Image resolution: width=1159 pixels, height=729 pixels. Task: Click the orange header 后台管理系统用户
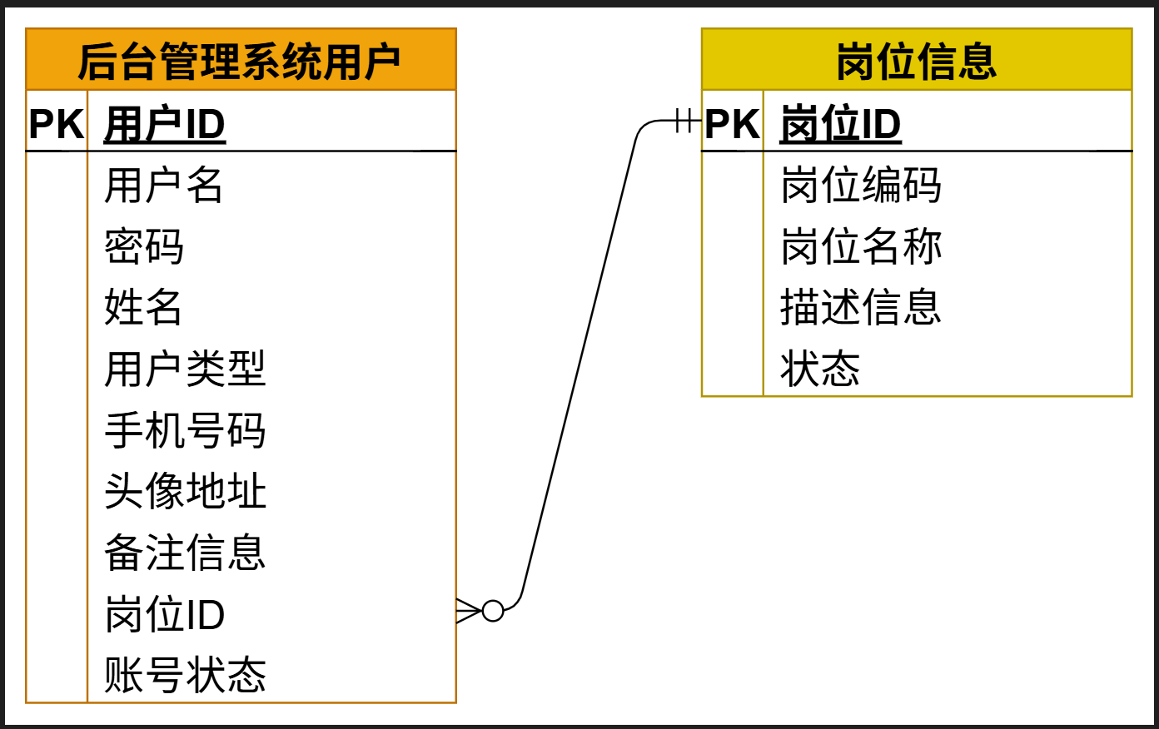240,61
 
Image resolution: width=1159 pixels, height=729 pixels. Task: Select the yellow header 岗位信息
916,61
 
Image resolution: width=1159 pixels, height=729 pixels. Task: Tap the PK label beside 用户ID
57,125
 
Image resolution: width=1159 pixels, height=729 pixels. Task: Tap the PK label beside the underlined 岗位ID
732,125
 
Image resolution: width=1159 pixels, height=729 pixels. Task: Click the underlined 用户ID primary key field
165,125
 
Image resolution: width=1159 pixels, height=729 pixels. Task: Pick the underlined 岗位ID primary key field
840,125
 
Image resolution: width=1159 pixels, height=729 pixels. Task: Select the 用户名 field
163,185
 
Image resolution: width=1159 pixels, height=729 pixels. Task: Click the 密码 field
144,246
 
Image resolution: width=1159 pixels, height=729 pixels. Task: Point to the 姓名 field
143,307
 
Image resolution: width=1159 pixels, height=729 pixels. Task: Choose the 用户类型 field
185,369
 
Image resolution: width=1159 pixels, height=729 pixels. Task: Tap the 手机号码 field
185,430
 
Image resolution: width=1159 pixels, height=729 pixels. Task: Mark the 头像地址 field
185,491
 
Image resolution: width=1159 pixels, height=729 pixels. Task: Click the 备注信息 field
185,553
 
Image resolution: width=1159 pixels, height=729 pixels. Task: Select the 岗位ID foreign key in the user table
165,614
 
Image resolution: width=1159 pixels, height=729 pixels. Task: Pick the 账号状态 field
185,675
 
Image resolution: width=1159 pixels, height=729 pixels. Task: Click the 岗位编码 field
861,185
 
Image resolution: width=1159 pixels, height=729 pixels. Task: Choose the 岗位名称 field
861,246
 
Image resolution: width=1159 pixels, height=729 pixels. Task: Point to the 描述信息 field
861,307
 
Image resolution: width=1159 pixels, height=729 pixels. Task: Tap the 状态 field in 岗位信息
820,369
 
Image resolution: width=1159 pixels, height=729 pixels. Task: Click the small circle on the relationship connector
493,611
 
